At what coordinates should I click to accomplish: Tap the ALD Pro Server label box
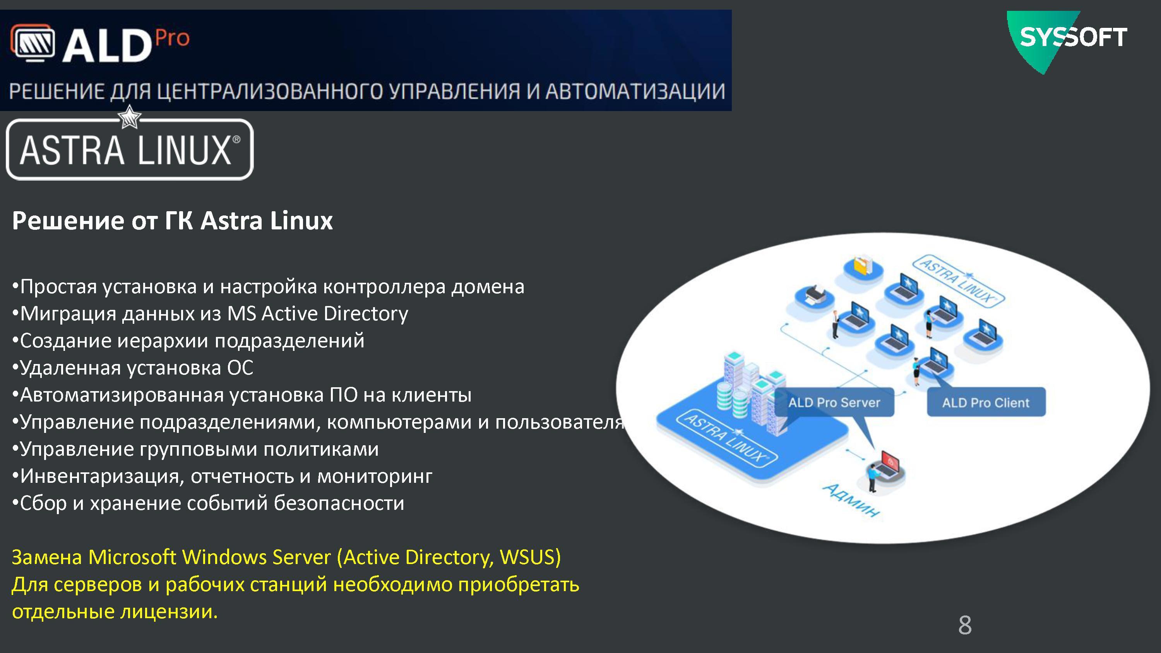point(834,402)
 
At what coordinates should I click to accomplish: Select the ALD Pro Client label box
point(986,402)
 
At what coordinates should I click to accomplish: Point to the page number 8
point(965,625)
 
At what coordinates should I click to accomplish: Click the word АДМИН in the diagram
point(851,500)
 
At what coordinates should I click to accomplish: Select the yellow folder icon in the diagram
point(863,266)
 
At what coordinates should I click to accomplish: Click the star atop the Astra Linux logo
point(129,117)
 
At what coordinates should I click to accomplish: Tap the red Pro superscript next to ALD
point(173,38)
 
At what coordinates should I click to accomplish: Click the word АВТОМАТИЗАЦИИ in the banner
point(635,91)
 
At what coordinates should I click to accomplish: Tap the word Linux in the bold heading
point(301,221)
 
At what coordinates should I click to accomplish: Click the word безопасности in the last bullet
point(339,503)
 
